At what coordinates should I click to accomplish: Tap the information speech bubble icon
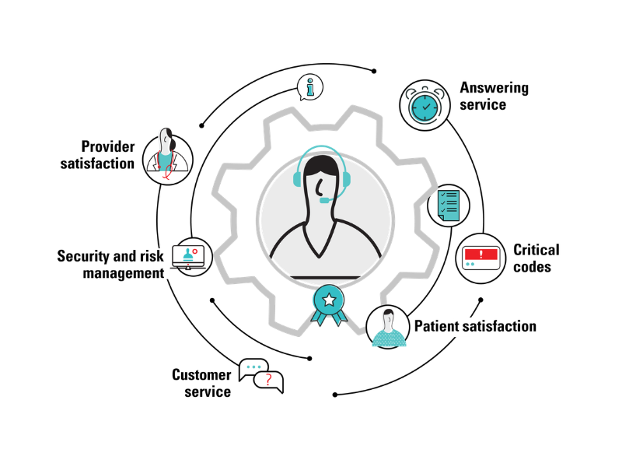coord(310,88)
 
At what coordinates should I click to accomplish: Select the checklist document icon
coord(449,205)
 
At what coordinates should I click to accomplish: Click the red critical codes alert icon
coord(480,257)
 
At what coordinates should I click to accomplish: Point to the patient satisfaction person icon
coord(389,327)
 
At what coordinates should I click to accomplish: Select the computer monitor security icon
coord(190,257)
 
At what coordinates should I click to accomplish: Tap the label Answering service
coord(494,96)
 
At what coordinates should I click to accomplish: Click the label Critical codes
coord(536,258)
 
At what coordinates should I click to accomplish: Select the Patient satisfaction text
coord(475,326)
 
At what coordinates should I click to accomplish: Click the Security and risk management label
coord(110,265)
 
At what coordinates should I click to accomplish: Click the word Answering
coord(494,87)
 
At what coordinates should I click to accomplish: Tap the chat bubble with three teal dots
coord(253,367)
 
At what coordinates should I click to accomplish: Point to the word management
coord(124,273)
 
